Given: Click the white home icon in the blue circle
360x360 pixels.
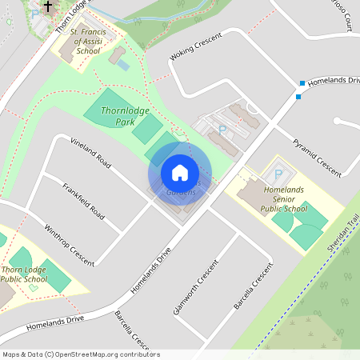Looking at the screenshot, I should (180, 173).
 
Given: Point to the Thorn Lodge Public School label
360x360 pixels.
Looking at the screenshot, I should (23, 274).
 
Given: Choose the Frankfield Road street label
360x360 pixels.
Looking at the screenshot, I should (83, 201).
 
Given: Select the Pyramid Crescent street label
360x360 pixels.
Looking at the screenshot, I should (316, 155).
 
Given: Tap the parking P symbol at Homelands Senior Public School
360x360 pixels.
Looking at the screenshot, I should (278, 174).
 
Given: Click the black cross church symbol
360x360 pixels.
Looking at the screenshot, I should (48, 7).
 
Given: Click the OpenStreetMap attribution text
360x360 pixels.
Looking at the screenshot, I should (80, 354).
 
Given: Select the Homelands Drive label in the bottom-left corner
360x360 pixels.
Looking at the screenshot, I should (54, 324).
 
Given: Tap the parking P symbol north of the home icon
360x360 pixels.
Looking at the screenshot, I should (222, 129).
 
